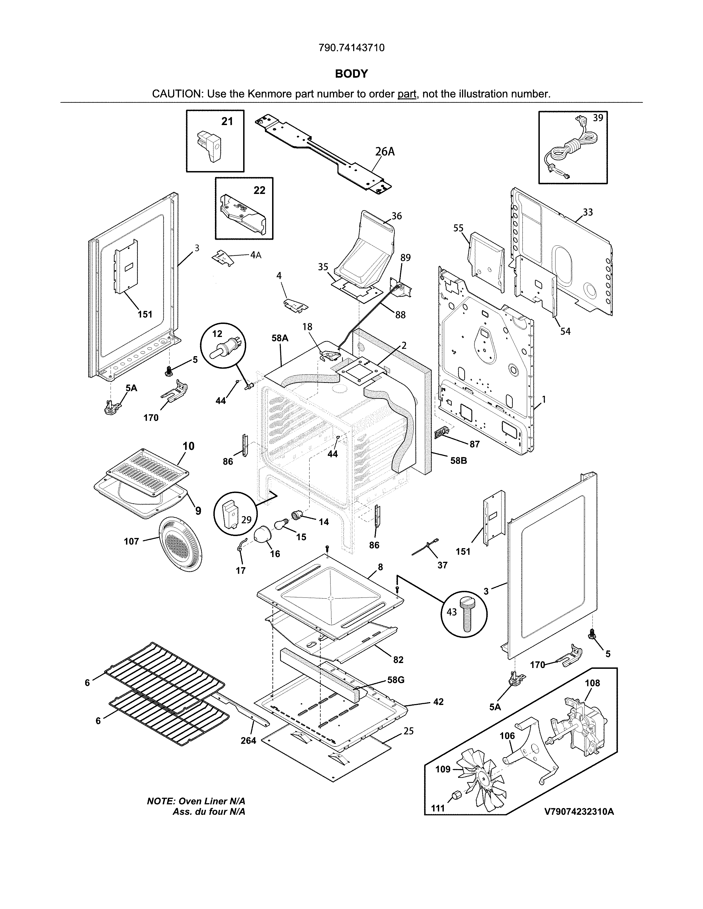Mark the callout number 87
474,444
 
